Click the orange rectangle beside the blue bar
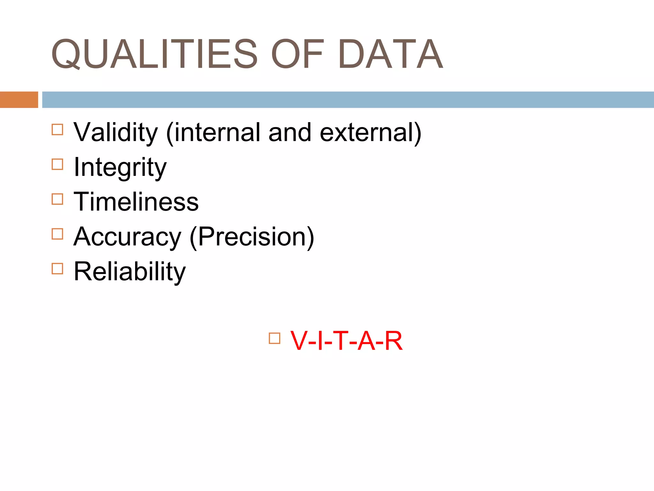coord(19,100)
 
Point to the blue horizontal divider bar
coord(348,100)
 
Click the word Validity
coord(116,133)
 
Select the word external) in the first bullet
coord(370,133)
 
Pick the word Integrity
coord(120,168)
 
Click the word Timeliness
coord(136,202)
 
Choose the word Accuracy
coord(127,237)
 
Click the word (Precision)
coord(252,237)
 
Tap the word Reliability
coord(130,272)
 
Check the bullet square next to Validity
coord(57,130)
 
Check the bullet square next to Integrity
coord(57,164)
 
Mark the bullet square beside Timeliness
coord(57,199)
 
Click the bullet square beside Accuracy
coord(57,234)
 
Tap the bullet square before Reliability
coord(57,269)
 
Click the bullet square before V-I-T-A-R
coord(275,338)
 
